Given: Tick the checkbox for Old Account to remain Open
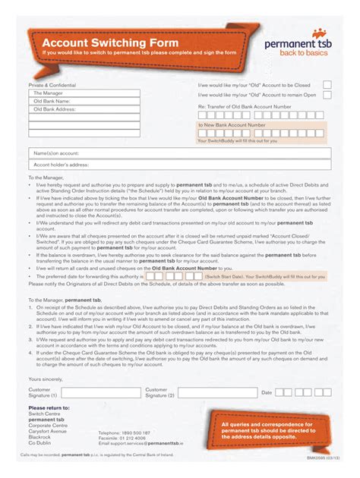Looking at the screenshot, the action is pyautogui.click(x=327, y=95).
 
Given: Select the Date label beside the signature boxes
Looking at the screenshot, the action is pyautogui.click(x=267, y=392).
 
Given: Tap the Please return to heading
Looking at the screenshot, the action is pyautogui.click(x=49, y=407).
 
